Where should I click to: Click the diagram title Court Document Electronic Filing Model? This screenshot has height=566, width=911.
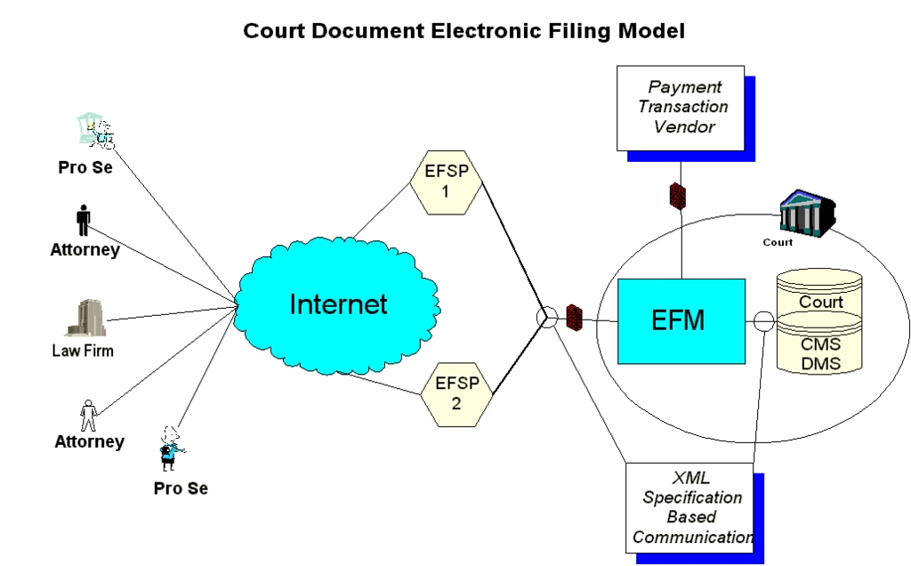[464, 30]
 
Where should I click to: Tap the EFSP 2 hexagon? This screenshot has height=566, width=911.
[456, 392]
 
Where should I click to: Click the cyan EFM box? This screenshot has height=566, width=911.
[681, 320]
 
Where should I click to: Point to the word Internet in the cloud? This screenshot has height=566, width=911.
[338, 304]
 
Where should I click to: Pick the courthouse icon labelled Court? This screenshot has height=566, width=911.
[805, 214]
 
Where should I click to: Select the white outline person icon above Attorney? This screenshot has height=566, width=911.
[88, 415]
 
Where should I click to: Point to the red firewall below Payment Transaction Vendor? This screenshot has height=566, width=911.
[678, 196]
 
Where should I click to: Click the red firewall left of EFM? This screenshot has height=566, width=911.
[574, 318]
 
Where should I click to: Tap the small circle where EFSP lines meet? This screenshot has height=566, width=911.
[548, 318]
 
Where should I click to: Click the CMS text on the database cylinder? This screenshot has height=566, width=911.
[820, 344]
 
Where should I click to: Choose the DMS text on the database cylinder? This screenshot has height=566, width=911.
[820, 362]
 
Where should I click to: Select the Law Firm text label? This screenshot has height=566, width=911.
[83, 351]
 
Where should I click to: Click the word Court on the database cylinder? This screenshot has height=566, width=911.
[820, 302]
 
